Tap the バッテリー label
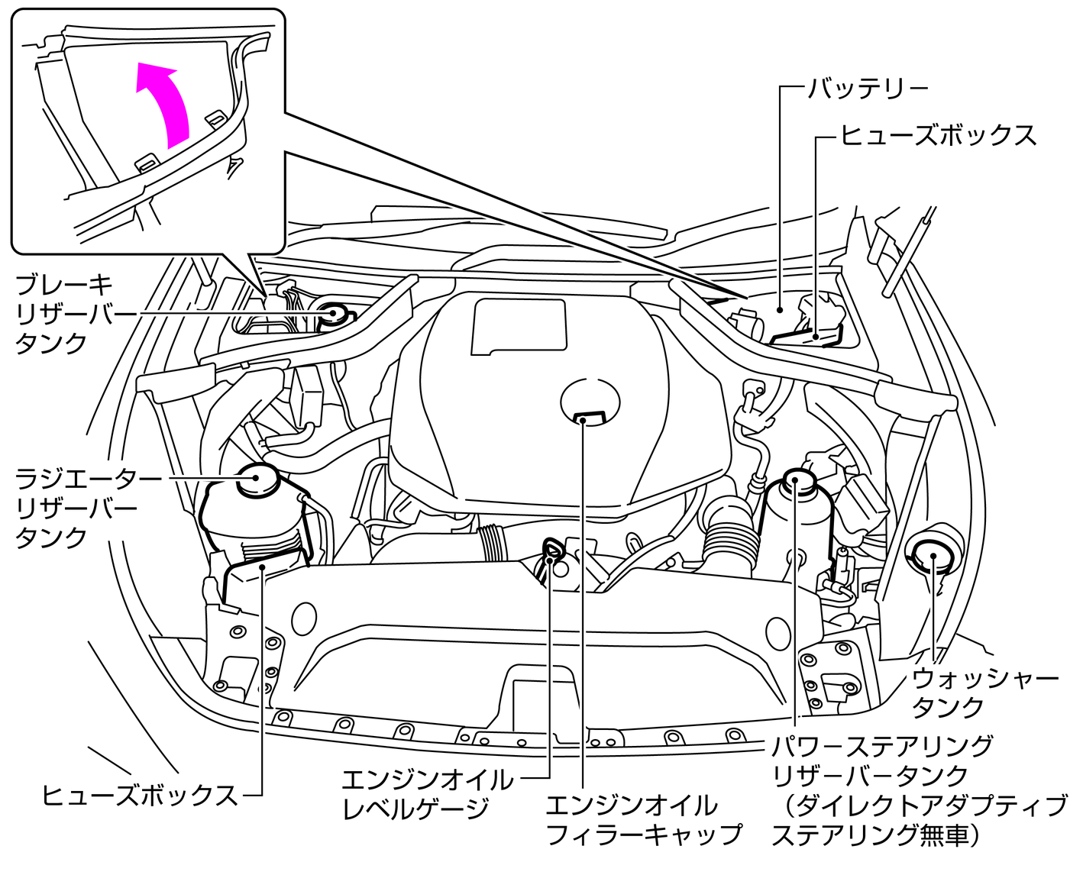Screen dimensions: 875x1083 (x=868, y=89)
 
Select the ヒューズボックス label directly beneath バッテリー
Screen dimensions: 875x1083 (x=939, y=135)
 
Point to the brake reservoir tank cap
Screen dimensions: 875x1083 (x=335, y=313)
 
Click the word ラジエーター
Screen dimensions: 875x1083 (x=89, y=479)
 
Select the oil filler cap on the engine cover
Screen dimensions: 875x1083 (x=590, y=402)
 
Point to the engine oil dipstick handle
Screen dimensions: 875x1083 (x=550, y=547)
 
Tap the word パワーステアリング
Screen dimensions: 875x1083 (x=882, y=744)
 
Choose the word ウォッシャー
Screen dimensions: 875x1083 (x=985, y=677)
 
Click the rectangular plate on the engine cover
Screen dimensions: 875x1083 (x=520, y=326)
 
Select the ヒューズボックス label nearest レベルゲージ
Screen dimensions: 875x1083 (x=140, y=795)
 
